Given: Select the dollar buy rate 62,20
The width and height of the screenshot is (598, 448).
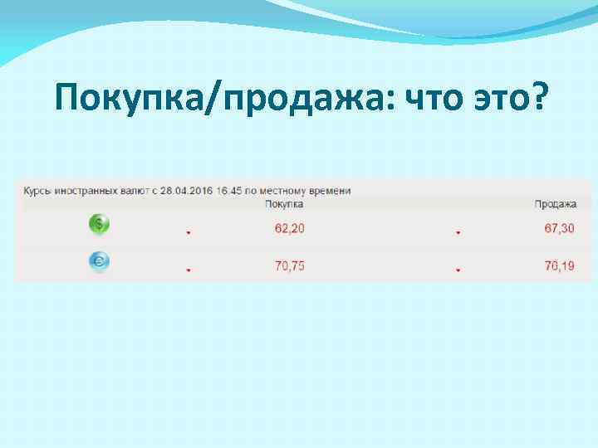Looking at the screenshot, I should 290,228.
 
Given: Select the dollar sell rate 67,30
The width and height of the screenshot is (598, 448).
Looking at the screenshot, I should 559,228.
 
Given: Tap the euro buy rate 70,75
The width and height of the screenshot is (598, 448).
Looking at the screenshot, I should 290,267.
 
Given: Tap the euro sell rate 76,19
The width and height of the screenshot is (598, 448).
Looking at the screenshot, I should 559,267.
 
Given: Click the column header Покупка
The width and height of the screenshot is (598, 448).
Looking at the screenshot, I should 284,204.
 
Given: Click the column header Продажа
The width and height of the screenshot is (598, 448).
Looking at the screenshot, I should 554,204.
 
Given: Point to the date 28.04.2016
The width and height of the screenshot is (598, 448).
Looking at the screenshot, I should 185,191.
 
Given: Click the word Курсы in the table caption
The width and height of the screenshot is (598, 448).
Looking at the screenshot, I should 37,191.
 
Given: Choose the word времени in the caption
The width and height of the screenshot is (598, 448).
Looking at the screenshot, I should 330,191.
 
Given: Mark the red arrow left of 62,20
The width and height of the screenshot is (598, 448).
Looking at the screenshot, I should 189,233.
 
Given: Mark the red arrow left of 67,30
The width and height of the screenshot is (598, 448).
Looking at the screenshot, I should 458,233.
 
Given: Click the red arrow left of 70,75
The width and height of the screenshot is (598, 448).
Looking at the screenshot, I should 189,270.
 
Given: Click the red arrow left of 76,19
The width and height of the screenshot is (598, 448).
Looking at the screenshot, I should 458,270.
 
